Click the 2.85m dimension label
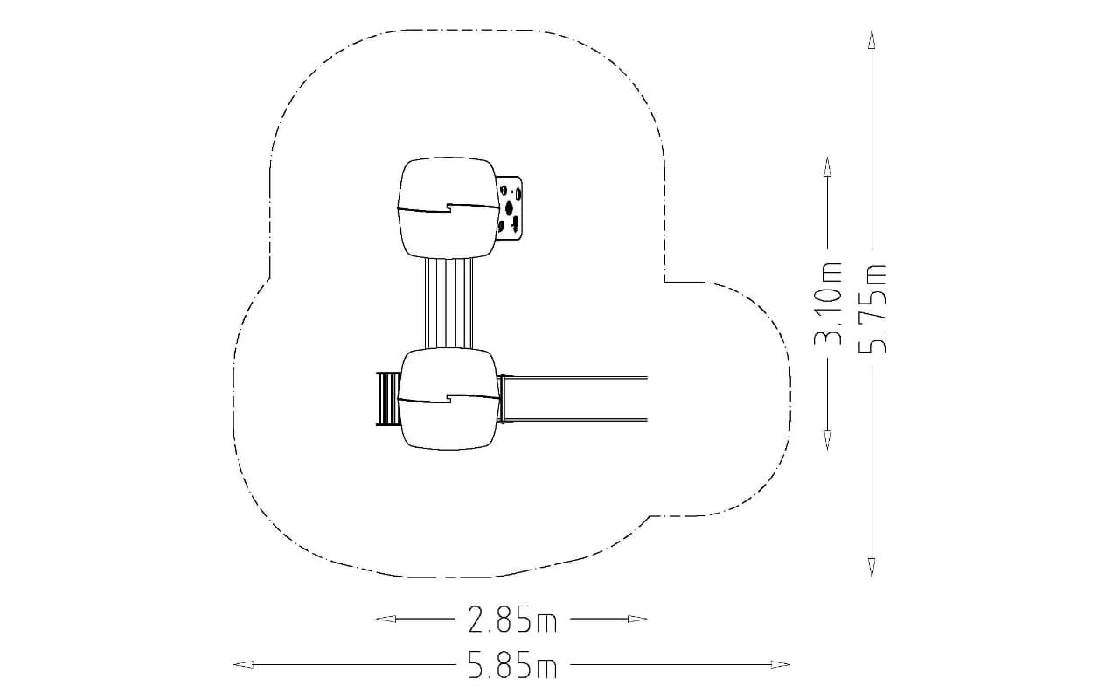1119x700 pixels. [512, 619]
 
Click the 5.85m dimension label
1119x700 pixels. [512, 664]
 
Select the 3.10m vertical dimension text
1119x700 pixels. [828, 304]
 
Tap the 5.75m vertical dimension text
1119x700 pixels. [872, 309]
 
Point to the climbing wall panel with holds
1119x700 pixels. [511, 207]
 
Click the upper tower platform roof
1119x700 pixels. [448, 207]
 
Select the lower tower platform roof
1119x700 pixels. [448, 398]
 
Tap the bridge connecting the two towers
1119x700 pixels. [448, 303]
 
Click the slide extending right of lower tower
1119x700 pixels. [573, 398]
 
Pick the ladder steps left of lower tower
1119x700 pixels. [387, 399]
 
